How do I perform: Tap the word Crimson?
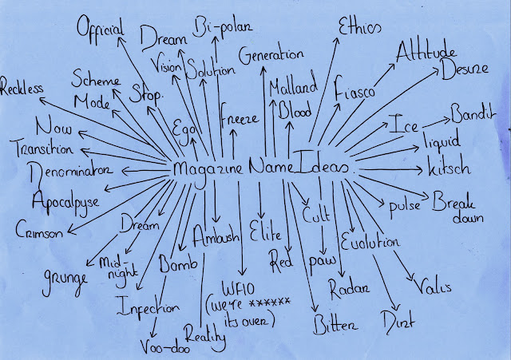(x=39, y=231)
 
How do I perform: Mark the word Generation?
(x=271, y=56)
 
